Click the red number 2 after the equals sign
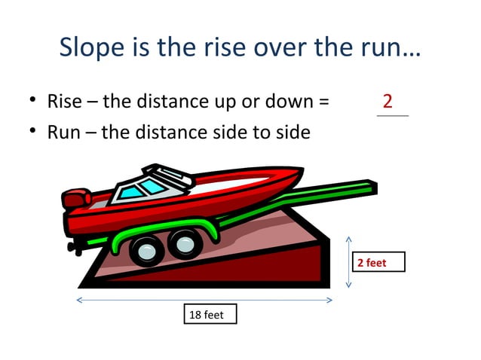coord(388,101)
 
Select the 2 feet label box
coord(379,262)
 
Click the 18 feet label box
coord(210,314)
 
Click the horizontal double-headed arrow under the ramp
coord(204,300)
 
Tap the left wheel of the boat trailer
coord(147,249)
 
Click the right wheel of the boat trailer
coord(183,244)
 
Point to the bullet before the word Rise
coord(34,102)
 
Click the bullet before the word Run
coord(34,133)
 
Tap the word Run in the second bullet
coord(63,133)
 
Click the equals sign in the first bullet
coord(323,102)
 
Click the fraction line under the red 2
coord(392,116)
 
